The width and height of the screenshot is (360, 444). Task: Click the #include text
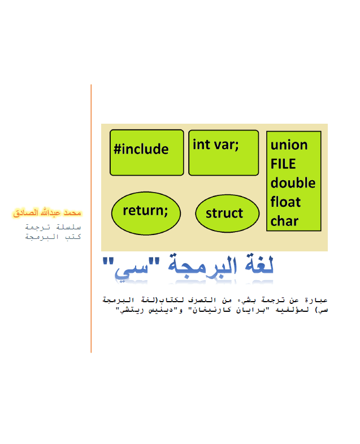[x=141, y=149]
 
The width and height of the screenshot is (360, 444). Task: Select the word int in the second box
[x=201, y=145]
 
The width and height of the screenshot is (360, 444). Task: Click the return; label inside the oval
[x=145, y=211]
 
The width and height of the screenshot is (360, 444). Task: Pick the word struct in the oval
[x=224, y=214]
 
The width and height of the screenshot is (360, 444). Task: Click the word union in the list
[x=289, y=145]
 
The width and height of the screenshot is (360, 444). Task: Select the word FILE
[x=283, y=164]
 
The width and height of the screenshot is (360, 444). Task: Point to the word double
[x=293, y=183]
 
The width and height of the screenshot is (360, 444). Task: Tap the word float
[x=285, y=202]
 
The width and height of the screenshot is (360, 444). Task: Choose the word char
[x=284, y=221]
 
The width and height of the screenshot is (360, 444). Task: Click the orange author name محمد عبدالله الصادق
[x=47, y=212]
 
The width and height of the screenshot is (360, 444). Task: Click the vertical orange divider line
[x=91, y=219]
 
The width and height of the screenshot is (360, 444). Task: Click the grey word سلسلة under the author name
[x=68, y=227]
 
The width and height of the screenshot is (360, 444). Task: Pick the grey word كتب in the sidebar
[x=73, y=237]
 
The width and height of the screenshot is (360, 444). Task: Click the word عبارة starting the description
[x=316, y=300]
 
